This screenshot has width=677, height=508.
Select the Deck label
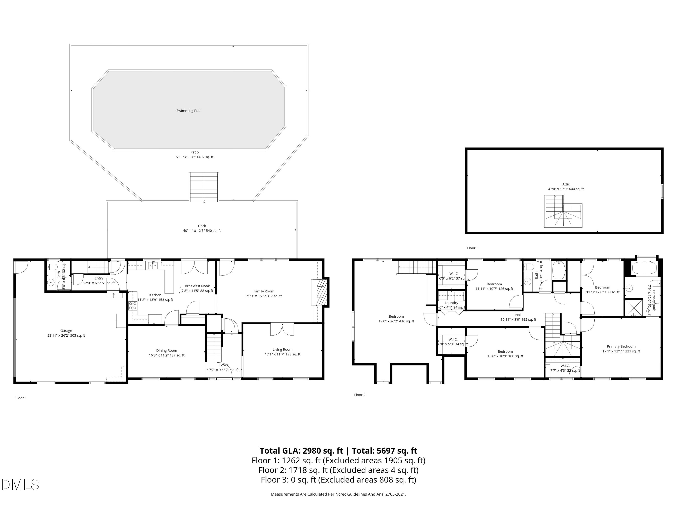click(x=202, y=226)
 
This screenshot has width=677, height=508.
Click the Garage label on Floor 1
click(x=66, y=331)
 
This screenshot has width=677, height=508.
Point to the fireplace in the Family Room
click(x=320, y=292)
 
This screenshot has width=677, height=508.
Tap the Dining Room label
click(x=167, y=351)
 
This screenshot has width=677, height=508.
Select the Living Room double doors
click(x=282, y=329)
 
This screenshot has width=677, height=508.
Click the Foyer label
click(x=224, y=365)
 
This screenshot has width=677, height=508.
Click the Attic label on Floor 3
click(x=566, y=184)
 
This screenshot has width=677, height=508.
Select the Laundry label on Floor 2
click(x=451, y=303)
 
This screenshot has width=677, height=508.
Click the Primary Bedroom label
click(x=621, y=347)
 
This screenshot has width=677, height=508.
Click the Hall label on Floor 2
click(x=518, y=315)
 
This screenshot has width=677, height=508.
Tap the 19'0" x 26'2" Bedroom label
click(x=396, y=317)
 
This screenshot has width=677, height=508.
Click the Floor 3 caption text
click(x=472, y=248)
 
